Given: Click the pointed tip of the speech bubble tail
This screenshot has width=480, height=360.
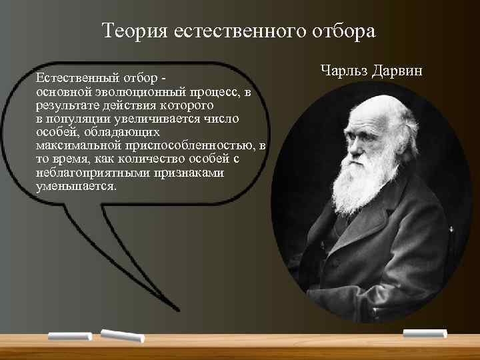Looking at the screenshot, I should [178, 310].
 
